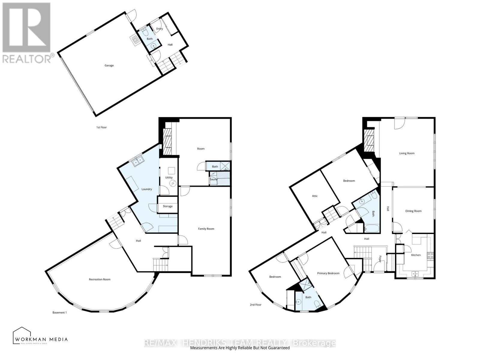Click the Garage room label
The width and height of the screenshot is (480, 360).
click(109, 65)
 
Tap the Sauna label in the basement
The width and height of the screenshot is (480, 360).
click(214, 179)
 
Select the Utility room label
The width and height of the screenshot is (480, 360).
click(169, 178)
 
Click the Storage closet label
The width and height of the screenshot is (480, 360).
click(168, 206)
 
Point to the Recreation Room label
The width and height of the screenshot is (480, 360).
click(100, 279)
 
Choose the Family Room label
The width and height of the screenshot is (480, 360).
click(206, 229)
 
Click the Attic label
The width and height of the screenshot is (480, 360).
click(315, 196)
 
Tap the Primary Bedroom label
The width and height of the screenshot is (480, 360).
click(328, 273)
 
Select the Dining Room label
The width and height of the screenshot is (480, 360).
click(413, 211)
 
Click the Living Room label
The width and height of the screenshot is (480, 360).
click(407, 153)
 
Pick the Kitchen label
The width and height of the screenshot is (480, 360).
click(416, 255)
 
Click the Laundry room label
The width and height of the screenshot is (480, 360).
click(147, 189)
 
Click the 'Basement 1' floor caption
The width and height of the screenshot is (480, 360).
click(59, 313)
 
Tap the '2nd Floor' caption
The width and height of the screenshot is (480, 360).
click(256, 305)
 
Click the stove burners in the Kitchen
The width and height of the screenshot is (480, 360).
click(430, 256)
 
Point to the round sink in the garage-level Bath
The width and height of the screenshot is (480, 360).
click(154, 46)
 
